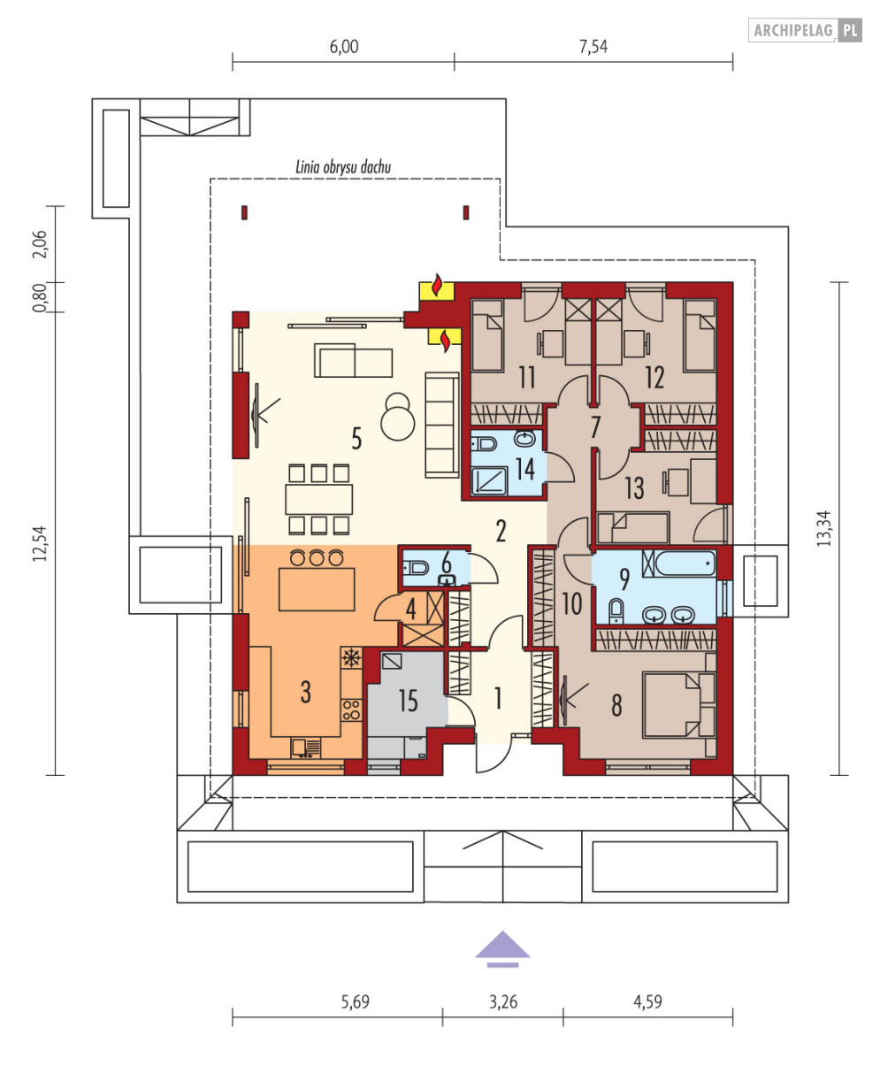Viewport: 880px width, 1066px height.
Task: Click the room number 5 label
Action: coord(356,439)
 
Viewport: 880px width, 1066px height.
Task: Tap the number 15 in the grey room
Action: coord(409,701)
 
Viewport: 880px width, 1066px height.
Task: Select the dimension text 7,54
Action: coord(593,47)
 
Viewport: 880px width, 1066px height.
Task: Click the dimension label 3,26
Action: coord(503,1002)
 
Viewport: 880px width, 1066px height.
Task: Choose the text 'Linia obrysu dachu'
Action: coord(343,167)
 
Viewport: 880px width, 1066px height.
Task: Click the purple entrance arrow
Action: coord(502,949)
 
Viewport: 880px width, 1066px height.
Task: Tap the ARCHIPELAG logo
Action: coord(806,30)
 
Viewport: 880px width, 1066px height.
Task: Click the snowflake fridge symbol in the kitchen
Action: coord(351,658)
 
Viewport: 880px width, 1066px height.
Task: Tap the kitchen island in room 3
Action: coord(317,589)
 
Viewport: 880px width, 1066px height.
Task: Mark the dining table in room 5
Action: coord(318,499)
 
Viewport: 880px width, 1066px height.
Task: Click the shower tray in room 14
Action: coord(490,481)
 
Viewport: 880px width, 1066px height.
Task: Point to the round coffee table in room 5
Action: coord(397,417)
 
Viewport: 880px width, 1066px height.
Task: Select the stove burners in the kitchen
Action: coord(351,710)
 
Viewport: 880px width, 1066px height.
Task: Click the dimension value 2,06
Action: coord(40,244)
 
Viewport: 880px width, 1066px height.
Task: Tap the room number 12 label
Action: coord(654,377)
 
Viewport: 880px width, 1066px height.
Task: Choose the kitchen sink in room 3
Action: coord(305,748)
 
